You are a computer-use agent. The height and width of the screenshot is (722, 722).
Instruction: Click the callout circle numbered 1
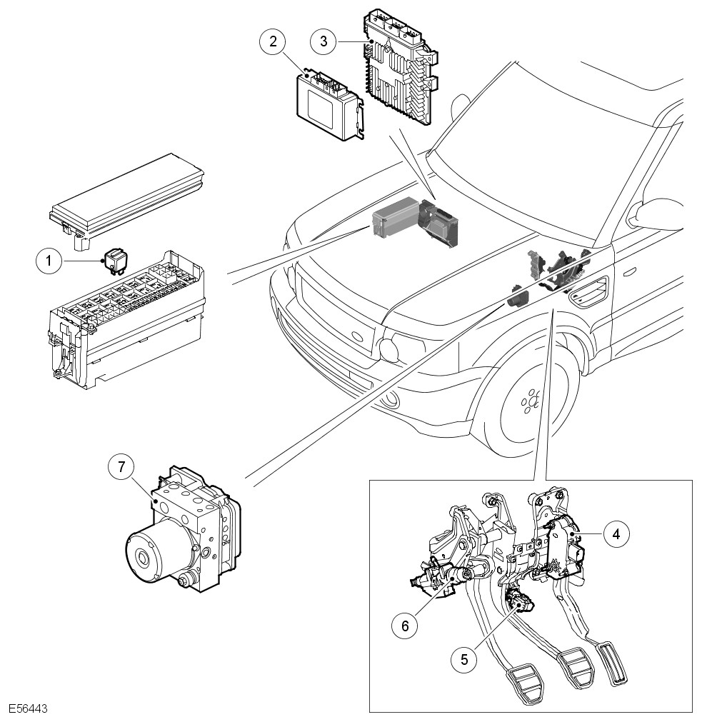click(x=49, y=261)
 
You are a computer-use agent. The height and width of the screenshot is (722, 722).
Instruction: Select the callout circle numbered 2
click(x=272, y=41)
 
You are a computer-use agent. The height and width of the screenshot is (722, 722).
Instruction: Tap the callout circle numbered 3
click(x=324, y=41)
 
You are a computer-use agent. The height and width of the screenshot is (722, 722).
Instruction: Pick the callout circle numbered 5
click(x=464, y=659)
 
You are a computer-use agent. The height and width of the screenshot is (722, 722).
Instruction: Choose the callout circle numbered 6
click(x=405, y=626)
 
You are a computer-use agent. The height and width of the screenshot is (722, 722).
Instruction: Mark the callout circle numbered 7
click(x=121, y=468)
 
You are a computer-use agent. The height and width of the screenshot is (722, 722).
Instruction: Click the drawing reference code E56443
click(x=28, y=709)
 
